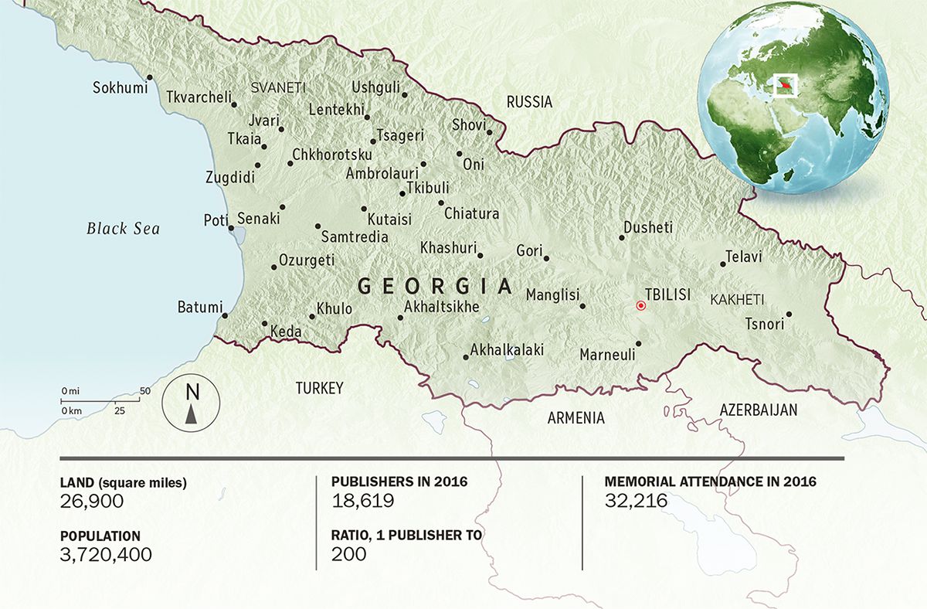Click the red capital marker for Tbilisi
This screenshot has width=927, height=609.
pyautogui.click(x=640, y=306)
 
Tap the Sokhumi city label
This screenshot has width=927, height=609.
pyautogui.click(x=120, y=87)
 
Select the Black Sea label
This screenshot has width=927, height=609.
pyautogui.click(x=123, y=229)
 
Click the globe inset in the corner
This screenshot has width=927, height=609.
pyautogui.click(x=792, y=96)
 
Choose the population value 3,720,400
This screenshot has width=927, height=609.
pyautogui.click(x=105, y=554)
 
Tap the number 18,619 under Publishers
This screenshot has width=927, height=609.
pyautogui.click(x=362, y=501)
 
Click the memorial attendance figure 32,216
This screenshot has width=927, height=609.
pyautogui.click(x=636, y=501)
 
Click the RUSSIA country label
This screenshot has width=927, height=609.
pyautogui.click(x=529, y=102)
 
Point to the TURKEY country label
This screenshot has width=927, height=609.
pyautogui.click(x=319, y=388)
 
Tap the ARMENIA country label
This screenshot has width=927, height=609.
pyautogui.click(x=576, y=418)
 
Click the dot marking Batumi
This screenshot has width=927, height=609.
pyautogui.click(x=225, y=315)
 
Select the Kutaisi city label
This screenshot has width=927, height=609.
pyautogui.click(x=390, y=219)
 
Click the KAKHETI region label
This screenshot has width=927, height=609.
pyautogui.click(x=737, y=299)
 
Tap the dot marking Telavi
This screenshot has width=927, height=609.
pyautogui.click(x=723, y=264)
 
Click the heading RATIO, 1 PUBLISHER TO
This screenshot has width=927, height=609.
pyautogui.click(x=406, y=536)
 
